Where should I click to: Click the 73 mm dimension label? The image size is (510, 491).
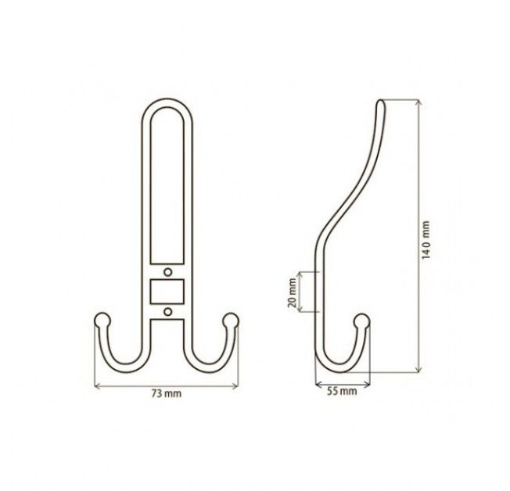166,394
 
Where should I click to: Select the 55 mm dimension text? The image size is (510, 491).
342,391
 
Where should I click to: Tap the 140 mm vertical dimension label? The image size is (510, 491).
426,240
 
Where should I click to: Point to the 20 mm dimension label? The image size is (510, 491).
292,292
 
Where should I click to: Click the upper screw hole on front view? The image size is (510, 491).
167,272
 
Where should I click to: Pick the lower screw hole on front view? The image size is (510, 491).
167,312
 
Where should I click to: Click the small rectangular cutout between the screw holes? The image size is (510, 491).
167,292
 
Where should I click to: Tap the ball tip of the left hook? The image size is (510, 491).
102,321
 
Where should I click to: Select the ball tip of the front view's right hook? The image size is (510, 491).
231,321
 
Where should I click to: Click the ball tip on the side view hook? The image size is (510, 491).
361,321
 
